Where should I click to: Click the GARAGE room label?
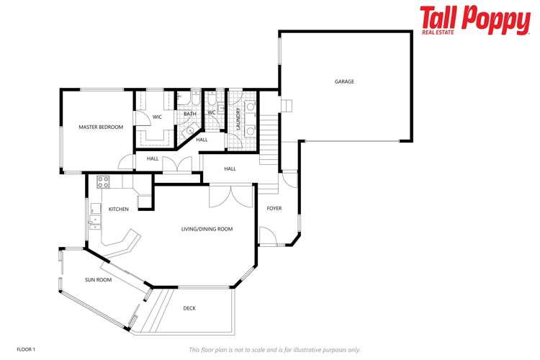click(344, 81)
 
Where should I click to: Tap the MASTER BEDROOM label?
click(101, 127)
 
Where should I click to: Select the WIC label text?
click(157, 116)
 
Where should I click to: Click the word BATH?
click(190, 114)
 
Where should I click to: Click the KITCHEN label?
click(119, 209)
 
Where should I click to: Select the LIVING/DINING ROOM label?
click(207, 229)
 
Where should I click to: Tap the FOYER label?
click(274, 209)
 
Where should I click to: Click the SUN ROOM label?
click(98, 279)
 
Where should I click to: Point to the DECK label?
click(189, 308)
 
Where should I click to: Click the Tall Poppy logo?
click(474, 21)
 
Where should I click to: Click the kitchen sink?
click(95, 215)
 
